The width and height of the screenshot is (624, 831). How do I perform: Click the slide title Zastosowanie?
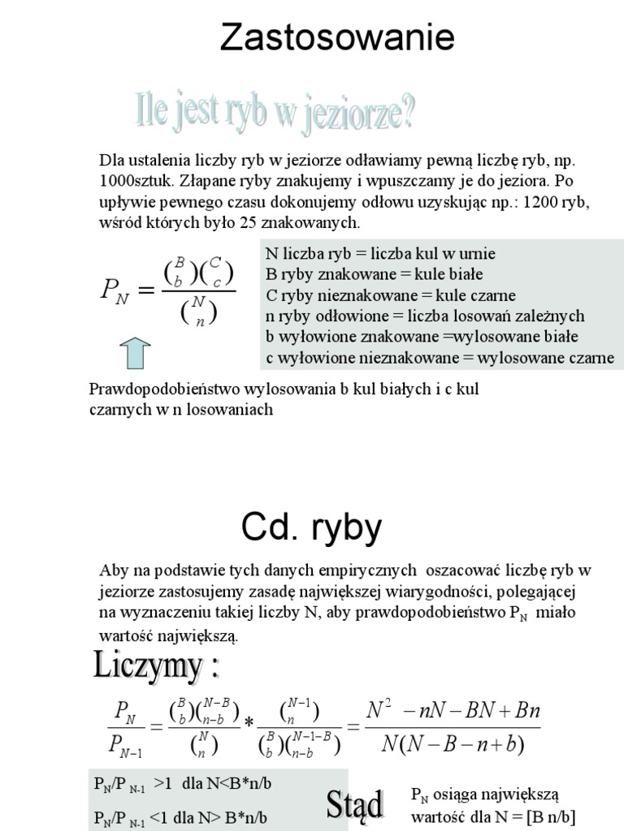[x=337, y=38]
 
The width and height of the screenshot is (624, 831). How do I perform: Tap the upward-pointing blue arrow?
[x=136, y=353]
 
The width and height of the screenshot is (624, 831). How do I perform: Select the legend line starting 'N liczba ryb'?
[x=380, y=253]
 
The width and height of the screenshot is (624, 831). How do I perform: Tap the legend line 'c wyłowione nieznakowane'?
[x=440, y=358]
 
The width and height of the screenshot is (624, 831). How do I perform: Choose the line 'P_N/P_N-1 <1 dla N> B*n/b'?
[x=180, y=817]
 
